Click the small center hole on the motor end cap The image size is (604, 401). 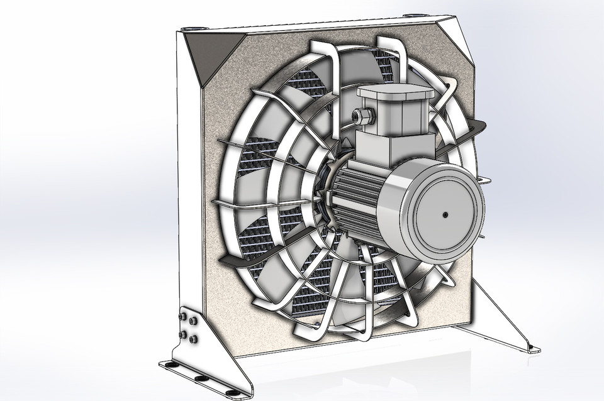click(x=445, y=214)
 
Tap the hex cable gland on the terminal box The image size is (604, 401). click(x=364, y=116)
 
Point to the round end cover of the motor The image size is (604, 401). click(x=444, y=211)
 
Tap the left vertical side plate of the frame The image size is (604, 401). click(x=188, y=189)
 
